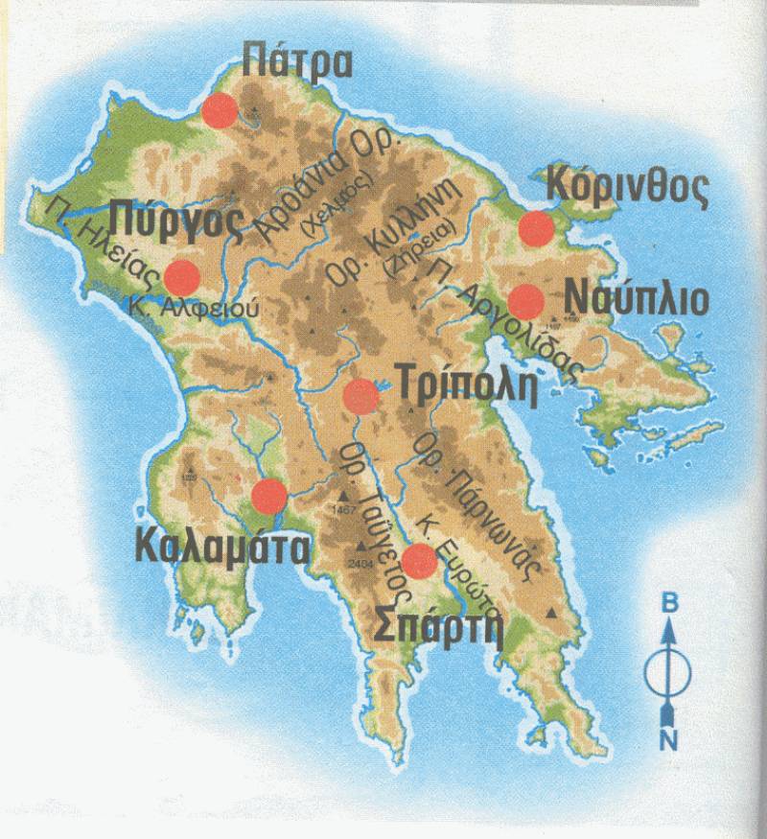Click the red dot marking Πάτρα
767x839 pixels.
click(x=221, y=110)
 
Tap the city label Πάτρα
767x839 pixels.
click(x=297, y=59)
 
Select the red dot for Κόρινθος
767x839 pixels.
click(x=536, y=228)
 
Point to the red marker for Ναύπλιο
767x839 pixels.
click(x=526, y=301)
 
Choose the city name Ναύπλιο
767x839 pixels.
click(x=638, y=297)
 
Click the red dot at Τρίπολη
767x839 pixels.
click(x=360, y=395)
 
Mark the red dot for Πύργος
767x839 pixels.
click(x=181, y=277)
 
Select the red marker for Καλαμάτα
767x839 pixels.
click(x=268, y=496)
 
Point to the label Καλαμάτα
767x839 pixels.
click(x=222, y=546)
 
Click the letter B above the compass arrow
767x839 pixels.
click(x=670, y=603)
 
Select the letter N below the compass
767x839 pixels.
click(x=670, y=738)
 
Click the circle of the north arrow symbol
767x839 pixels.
click(x=669, y=672)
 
